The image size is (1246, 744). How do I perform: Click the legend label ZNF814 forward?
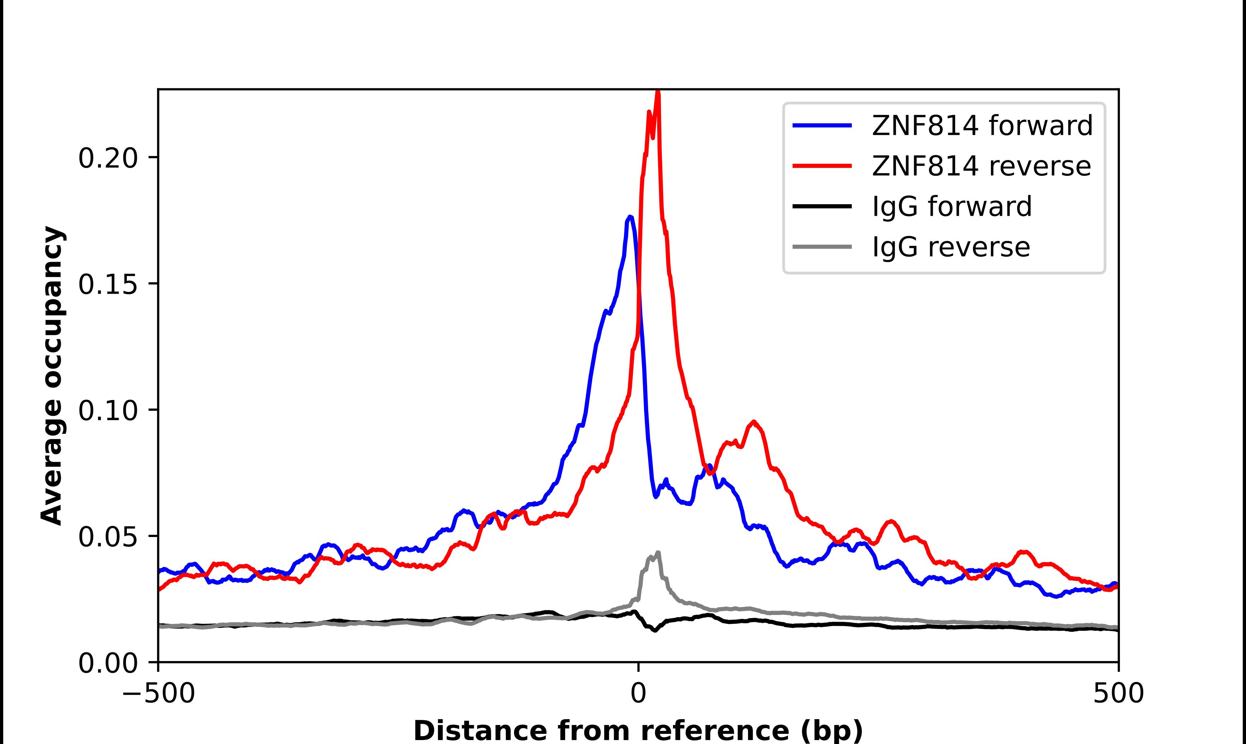982,125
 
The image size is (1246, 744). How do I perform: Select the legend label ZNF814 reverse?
981,166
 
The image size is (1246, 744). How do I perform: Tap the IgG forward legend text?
951,207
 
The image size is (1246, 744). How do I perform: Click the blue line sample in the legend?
822,125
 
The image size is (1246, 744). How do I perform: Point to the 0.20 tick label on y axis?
108,158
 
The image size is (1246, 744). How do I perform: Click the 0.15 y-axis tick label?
108,284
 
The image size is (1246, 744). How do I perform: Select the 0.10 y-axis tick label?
108,410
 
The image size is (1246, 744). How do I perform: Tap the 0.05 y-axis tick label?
108,537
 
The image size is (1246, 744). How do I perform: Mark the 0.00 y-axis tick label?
108,663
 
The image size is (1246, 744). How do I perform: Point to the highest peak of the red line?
658,93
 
